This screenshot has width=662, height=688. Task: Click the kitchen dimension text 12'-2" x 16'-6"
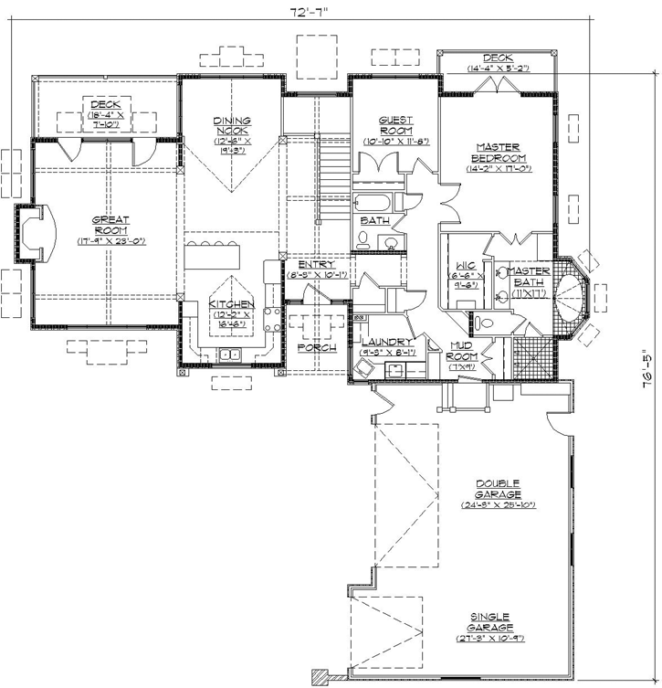point(229,319)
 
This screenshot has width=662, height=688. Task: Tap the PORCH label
point(318,348)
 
